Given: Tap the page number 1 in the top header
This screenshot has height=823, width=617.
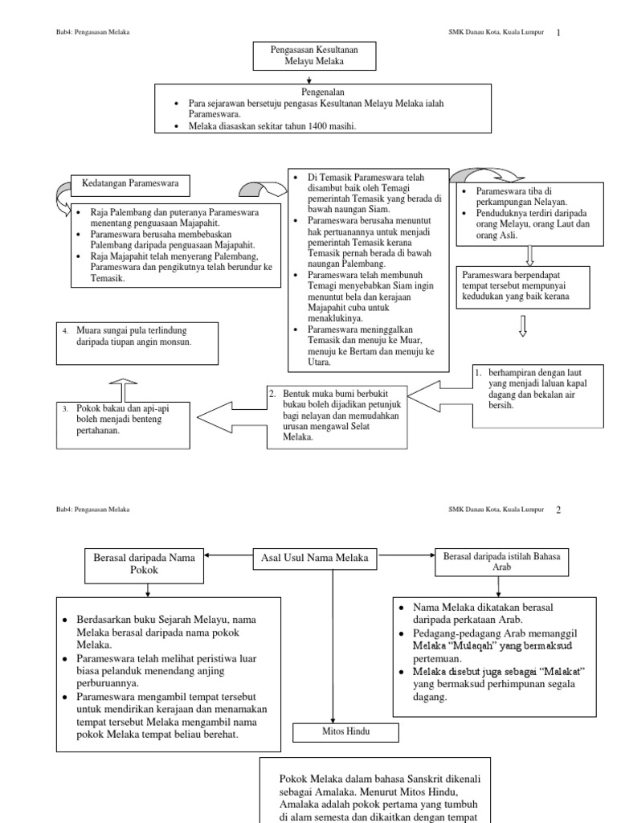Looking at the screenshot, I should pyautogui.click(x=558, y=32).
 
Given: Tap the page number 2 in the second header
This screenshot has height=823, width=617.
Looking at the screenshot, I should pyautogui.click(x=558, y=510).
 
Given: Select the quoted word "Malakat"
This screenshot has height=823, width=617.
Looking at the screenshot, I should pyautogui.click(x=559, y=671).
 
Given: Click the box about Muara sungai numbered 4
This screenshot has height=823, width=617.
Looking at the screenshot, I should pyautogui.click(x=137, y=342).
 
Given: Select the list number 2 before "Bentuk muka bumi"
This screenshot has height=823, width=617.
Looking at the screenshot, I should pyautogui.click(x=272, y=393).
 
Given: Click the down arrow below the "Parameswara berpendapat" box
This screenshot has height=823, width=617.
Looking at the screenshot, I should pyautogui.click(x=523, y=325).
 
